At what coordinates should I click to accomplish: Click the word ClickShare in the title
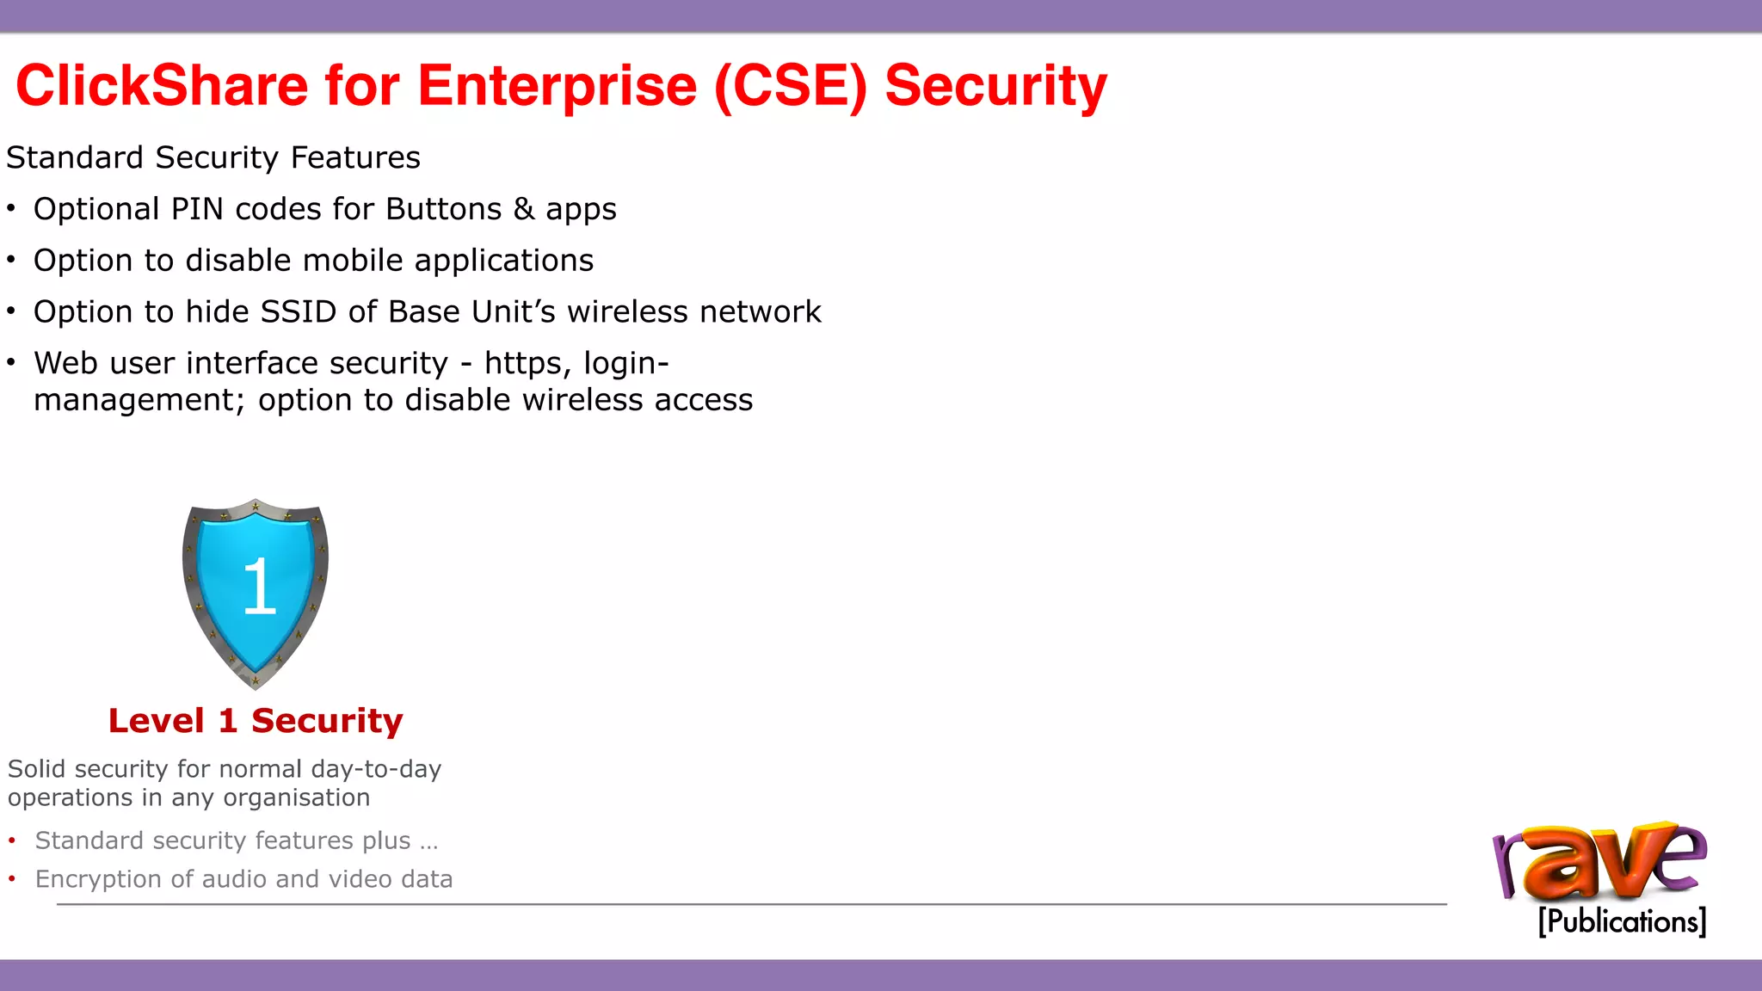[x=162, y=86]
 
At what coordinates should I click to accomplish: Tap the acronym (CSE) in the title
[x=791, y=86]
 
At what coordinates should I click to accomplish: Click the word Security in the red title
[x=995, y=86]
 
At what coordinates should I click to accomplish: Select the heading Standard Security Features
[x=213, y=158]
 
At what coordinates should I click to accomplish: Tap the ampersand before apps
[x=524, y=209]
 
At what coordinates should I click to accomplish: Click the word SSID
[x=298, y=311]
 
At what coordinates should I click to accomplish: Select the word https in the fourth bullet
[x=522, y=363]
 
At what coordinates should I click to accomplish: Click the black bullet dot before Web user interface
[x=11, y=362]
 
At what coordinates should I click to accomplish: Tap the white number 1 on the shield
[x=259, y=586]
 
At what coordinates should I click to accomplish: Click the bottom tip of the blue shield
[x=256, y=684]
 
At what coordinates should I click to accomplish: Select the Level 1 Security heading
[x=256, y=721]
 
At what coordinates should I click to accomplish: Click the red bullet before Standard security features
[x=12, y=840]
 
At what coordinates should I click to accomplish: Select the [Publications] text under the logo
[x=1622, y=921]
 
